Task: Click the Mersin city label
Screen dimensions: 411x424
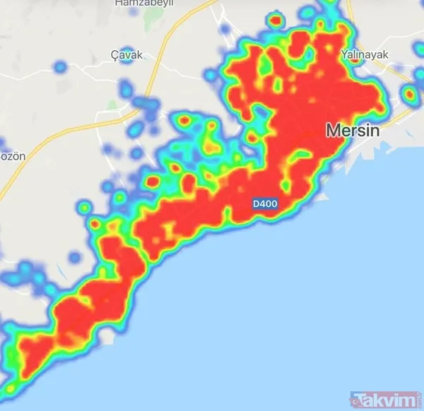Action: [x=353, y=131]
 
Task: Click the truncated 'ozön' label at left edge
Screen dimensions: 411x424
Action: [x=11, y=155]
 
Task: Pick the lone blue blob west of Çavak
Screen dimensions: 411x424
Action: [x=59, y=68]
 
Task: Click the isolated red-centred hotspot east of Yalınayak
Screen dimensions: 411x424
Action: [x=409, y=93]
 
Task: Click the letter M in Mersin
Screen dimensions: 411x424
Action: [x=331, y=131]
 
